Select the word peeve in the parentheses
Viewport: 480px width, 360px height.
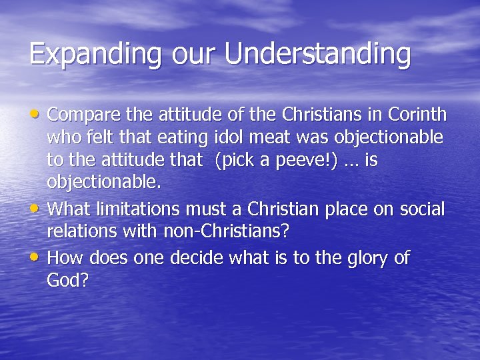[x=307, y=162]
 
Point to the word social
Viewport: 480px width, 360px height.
[x=422, y=209]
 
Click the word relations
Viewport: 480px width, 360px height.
[x=80, y=233]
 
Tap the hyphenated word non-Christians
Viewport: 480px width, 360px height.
[x=211, y=233]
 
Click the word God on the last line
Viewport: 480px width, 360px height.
[x=65, y=281]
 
